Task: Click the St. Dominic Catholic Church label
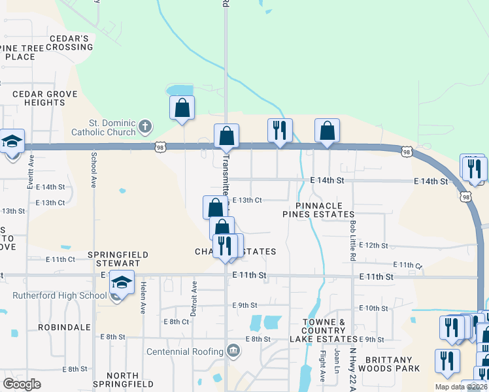pos(112,127)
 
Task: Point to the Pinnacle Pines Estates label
pos(318,210)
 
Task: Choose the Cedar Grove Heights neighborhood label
pos(44,98)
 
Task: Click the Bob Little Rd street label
pos(353,232)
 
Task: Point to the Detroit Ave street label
pos(194,297)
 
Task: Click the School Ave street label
pos(94,166)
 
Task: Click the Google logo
pos(22,384)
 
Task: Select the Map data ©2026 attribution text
pos(461,387)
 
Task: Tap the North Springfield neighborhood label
pos(122,380)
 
